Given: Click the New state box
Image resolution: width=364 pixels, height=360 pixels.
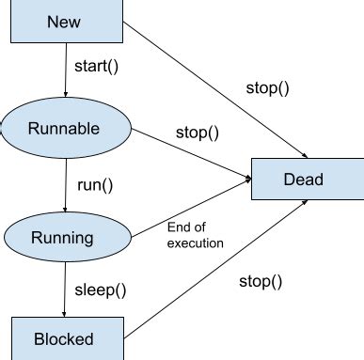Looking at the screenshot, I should [65, 21].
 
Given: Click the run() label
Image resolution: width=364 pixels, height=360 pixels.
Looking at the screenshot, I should [93, 185].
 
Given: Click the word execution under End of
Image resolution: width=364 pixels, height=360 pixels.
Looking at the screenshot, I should [195, 243].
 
